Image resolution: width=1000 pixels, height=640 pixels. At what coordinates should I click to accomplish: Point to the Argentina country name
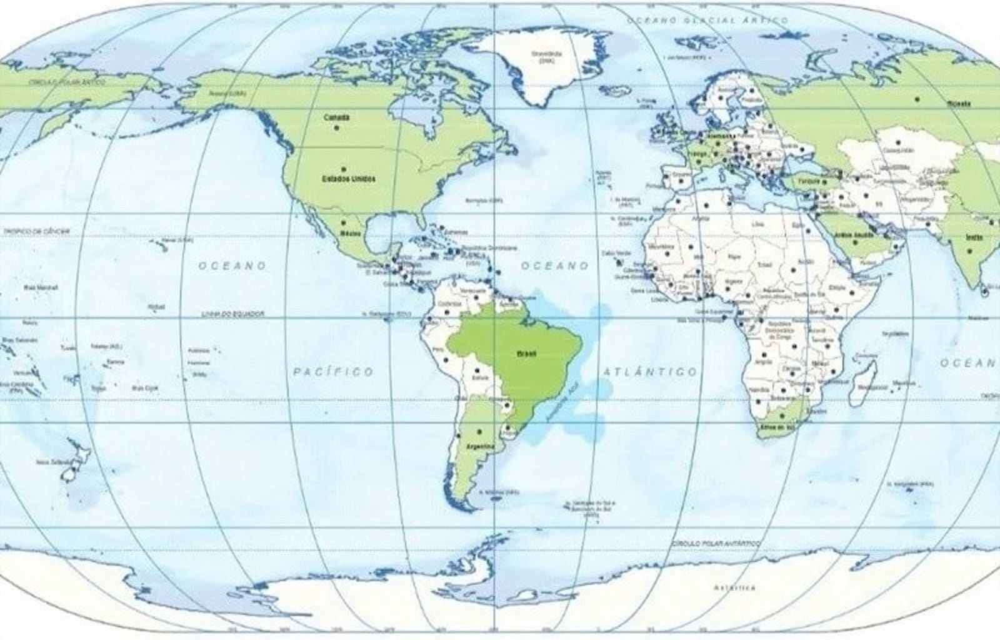[x=480, y=446]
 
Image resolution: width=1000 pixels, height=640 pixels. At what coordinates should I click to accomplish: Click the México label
[x=347, y=233]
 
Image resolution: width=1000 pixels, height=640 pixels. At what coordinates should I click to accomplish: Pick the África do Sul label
[x=778, y=427]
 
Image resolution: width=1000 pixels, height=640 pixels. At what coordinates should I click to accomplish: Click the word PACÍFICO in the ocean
[x=334, y=372]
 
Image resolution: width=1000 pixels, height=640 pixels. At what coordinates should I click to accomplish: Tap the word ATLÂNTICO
[x=650, y=372]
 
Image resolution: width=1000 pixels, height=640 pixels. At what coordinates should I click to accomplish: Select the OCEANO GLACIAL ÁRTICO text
[x=707, y=21]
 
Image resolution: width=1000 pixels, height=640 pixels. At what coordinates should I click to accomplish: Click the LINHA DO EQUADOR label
[x=233, y=313]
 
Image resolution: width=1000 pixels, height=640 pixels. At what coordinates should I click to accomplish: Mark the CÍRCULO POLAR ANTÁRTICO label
[x=716, y=544]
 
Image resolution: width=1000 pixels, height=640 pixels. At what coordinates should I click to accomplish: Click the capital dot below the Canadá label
[x=337, y=128]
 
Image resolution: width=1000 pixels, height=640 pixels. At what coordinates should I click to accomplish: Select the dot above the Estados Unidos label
[x=343, y=169]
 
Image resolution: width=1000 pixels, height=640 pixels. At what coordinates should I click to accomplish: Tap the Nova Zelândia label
[x=51, y=462]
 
